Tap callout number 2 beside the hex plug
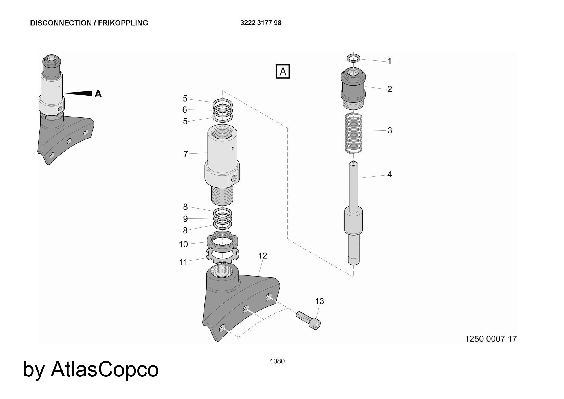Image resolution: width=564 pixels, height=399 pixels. click(390, 89)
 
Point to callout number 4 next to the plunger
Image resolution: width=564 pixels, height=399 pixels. click(390, 174)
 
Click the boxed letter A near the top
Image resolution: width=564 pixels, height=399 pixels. click(283, 72)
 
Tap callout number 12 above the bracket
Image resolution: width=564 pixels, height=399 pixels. click(263, 256)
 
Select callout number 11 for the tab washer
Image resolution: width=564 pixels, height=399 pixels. click(183, 262)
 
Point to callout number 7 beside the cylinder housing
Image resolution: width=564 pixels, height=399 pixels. click(186, 154)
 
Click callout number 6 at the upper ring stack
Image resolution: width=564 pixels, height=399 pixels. click(185, 109)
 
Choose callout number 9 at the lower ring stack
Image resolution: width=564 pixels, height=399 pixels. click(185, 219)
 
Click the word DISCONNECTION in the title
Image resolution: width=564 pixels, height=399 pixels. click(60, 23)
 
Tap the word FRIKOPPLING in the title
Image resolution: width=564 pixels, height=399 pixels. click(123, 23)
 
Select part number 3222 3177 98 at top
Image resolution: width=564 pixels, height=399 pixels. click(261, 23)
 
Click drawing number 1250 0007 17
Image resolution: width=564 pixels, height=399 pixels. click(491, 339)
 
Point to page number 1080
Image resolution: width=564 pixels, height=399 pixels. click(277, 361)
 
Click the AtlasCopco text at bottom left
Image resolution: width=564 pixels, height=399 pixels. click(105, 369)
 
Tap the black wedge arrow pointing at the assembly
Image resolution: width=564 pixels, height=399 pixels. click(77, 93)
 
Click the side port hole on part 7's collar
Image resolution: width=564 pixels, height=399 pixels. click(234, 178)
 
